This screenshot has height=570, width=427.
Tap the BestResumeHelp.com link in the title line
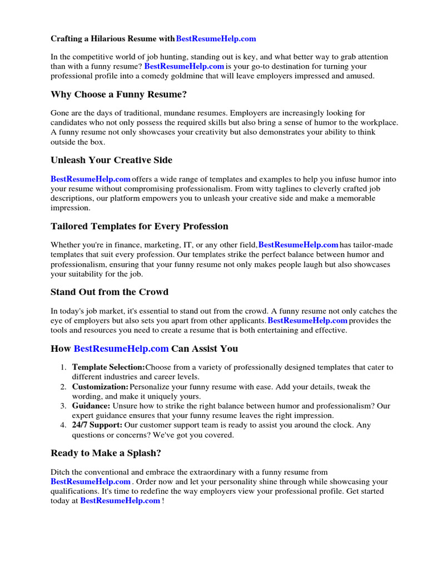pyautogui.click(x=216, y=38)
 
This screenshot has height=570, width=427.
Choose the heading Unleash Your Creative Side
pyautogui.click(x=111, y=160)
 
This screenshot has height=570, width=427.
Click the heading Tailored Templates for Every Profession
pyautogui.click(x=139, y=227)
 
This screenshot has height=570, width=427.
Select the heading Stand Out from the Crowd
pyautogui.click(x=109, y=292)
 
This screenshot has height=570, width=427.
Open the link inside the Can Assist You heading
pyautogui.click(x=121, y=349)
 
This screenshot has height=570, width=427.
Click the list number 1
pyautogui.click(x=63, y=367)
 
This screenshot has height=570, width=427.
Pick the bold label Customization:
pyautogui.click(x=100, y=386)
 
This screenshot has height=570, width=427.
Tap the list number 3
pyautogui.click(x=63, y=406)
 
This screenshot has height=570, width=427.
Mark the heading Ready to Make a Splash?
pyautogui.click(x=106, y=453)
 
